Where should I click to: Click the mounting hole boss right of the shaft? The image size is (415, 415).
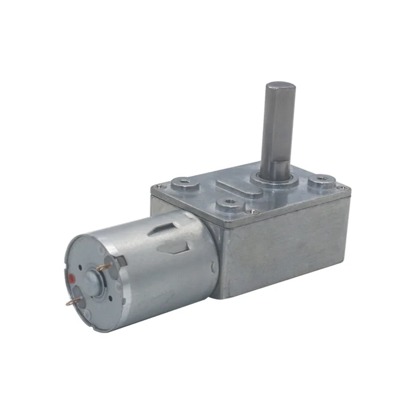coord(320,183)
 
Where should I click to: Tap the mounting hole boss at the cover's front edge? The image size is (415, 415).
coord(229,205)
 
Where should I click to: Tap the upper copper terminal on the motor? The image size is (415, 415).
coord(104,267)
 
